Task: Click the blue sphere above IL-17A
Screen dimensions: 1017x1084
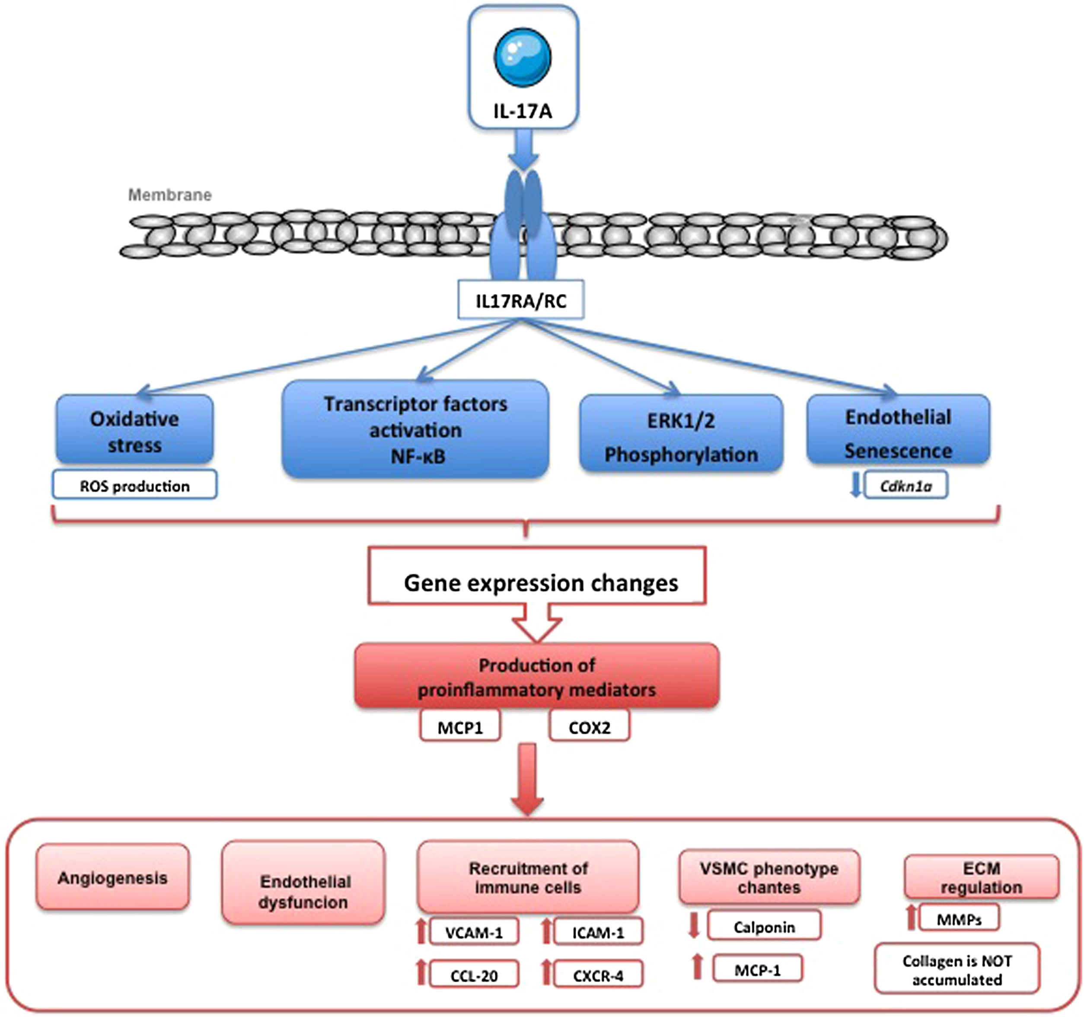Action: tap(523, 57)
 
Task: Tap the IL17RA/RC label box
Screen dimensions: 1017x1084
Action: tap(521, 300)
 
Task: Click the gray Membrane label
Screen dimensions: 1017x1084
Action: tap(169, 195)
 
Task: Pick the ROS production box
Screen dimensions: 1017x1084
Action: tap(135, 486)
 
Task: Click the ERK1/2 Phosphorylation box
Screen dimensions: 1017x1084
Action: tap(681, 436)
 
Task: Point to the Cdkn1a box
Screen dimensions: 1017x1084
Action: tap(905, 486)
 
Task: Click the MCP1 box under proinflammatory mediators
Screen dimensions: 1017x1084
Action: tap(460, 727)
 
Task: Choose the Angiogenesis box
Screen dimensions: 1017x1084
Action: tap(113, 878)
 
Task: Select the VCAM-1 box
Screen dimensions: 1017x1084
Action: tap(473, 932)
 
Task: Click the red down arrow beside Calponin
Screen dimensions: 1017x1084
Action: tap(694, 925)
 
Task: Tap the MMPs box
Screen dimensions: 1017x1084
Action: tap(959, 919)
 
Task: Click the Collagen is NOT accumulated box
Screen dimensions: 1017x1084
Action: tap(957, 969)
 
